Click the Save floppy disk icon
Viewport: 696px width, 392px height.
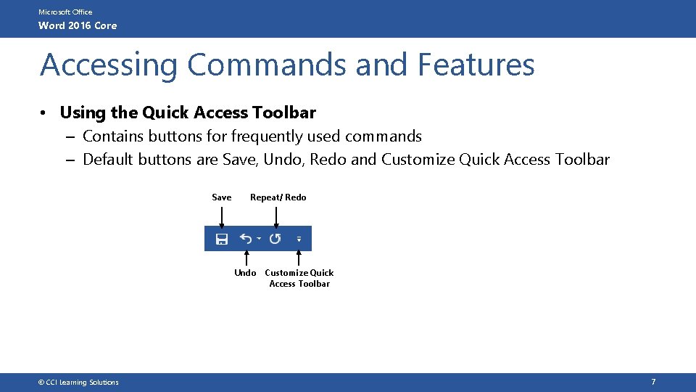222,239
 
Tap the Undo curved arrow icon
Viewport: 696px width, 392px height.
246,239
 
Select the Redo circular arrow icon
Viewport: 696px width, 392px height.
275,239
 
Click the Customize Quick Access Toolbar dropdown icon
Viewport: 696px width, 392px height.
299,239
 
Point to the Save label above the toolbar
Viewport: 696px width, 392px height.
222,197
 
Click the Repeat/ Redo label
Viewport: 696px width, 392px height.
278,197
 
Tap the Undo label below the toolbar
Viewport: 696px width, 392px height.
245,273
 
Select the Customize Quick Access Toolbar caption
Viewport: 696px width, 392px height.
299,278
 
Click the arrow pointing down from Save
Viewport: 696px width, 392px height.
222,216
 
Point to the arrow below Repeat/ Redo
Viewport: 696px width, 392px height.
276,216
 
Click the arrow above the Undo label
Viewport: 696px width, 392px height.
247,258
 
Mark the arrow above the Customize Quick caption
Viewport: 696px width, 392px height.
299,258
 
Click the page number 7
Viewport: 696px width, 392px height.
653,382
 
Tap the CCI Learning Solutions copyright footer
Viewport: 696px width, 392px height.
79,383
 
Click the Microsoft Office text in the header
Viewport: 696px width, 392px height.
65,12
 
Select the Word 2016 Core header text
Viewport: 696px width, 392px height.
78,26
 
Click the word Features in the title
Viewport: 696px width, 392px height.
476,65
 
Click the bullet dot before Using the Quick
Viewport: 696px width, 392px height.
45,113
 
